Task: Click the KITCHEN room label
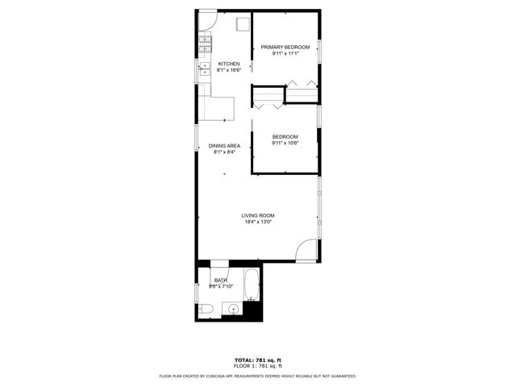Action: (229, 64)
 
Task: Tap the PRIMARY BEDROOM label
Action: (285, 48)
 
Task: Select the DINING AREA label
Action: (224, 146)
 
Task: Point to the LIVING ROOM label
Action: (259, 215)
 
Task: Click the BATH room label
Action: (221, 280)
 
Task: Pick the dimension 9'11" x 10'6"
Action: (285, 144)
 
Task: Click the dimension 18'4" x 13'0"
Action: (259, 223)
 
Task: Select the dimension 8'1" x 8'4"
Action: (224, 152)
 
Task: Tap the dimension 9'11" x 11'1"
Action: (285, 54)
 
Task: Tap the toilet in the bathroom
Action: (205, 309)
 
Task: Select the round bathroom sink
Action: (234, 308)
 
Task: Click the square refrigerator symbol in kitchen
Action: (242, 24)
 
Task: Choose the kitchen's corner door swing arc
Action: (206, 19)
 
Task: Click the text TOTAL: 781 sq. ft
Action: (258, 360)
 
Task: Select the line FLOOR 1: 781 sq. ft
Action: (258, 366)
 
